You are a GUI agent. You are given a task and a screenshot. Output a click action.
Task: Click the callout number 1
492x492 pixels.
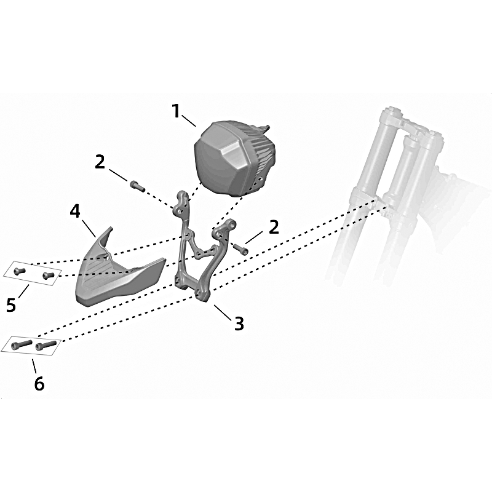click(x=177, y=111)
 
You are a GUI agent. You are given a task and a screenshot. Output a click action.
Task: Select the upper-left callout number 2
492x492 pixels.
click(x=100, y=162)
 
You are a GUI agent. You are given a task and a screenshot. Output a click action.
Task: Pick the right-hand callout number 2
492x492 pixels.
click(x=274, y=227)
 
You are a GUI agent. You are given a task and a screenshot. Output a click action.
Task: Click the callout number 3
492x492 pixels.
click(x=239, y=323)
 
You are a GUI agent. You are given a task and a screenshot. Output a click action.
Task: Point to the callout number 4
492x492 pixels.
click(x=75, y=212)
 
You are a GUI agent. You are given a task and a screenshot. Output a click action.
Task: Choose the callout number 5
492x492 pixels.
click(x=11, y=304)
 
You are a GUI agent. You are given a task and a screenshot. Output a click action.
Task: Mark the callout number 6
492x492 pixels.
click(x=39, y=383)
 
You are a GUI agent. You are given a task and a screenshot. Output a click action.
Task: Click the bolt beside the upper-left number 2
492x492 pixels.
click(x=137, y=186)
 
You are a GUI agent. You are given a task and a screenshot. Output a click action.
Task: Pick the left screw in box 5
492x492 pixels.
click(x=20, y=271)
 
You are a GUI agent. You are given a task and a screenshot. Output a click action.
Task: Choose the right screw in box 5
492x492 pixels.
click(x=48, y=276)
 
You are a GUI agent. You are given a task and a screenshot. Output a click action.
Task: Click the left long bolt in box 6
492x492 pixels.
click(x=22, y=344)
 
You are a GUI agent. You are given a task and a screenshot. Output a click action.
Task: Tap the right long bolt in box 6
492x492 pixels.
click(x=46, y=345)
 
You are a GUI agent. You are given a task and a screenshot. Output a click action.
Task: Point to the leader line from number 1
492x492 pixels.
click(x=189, y=121)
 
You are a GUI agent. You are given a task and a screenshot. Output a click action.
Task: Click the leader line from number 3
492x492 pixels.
click(x=223, y=312)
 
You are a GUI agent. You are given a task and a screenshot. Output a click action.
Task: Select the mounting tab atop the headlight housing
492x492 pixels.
click(x=264, y=129)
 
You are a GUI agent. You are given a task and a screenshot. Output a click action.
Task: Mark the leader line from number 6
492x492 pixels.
click(x=34, y=365)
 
